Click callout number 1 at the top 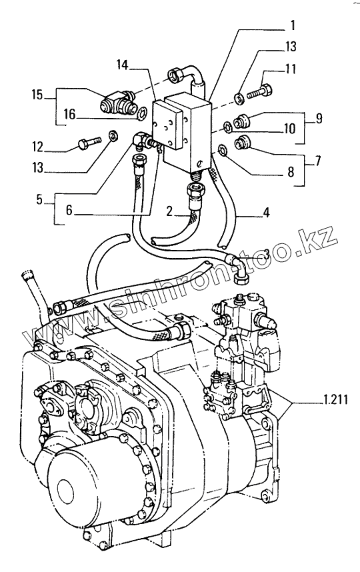[293, 26]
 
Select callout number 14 [123, 65]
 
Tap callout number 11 [291, 69]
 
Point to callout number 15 [37, 95]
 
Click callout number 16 [69, 115]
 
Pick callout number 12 [38, 147]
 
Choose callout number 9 [319, 119]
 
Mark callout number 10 [289, 129]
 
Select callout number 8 [291, 172]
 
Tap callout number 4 [267, 212]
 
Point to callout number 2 [169, 211]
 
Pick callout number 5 [39, 200]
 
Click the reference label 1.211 [335, 400]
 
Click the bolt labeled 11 [260, 91]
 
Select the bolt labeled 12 [90, 142]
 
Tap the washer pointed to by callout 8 [222, 150]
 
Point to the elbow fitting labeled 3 [237, 267]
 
